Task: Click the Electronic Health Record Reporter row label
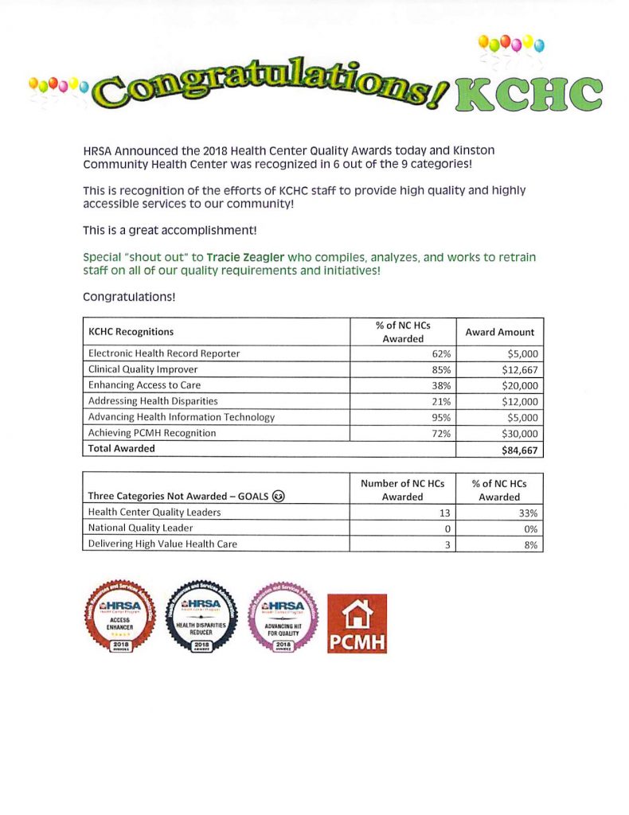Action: pos(163,353)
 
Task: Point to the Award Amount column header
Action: pos(499,332)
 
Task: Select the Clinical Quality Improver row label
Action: pos(143,369)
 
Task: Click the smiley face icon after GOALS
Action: pos(279,496)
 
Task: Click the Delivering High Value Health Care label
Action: pos(162,544)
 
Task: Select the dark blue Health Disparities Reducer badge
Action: pos(201,616)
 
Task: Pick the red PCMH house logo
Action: pos(357,623)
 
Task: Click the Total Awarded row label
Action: pos(121,448)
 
